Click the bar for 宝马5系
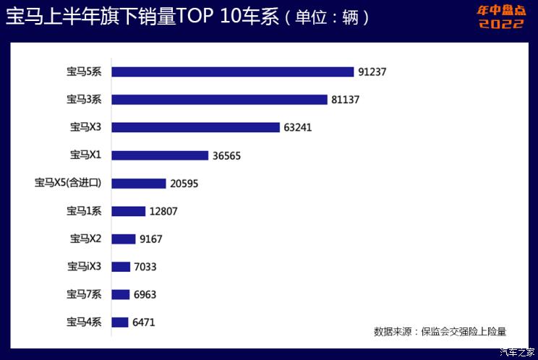233,72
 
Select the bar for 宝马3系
220,100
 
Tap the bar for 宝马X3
196,127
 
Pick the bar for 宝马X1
161,155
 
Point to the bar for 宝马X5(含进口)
139,183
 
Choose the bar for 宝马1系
129,211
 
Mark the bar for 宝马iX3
121,267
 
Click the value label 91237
372,72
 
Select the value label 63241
298,127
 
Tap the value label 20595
184,184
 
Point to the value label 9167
151,239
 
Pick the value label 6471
144,322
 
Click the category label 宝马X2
86,239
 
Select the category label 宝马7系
85,294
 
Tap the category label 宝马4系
85,322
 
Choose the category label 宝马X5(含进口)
68,183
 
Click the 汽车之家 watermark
517,352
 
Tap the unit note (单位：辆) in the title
327,17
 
